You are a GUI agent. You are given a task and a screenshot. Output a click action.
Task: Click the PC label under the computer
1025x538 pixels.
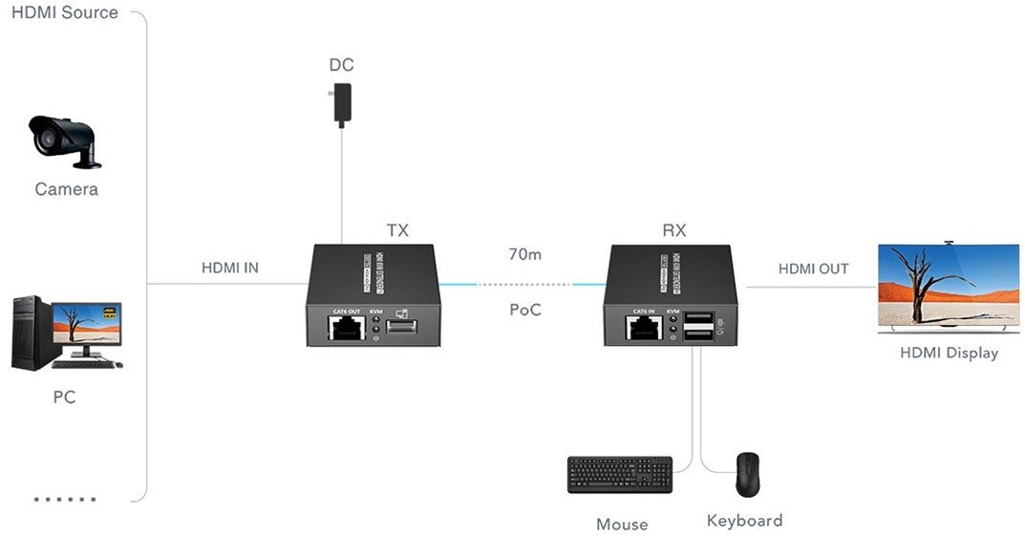click(x=64, y=397)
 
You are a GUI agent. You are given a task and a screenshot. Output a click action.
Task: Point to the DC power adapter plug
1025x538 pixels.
click(x=342, y=103)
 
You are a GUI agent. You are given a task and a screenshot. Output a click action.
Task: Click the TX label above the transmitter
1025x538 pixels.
click(x=397, y=230)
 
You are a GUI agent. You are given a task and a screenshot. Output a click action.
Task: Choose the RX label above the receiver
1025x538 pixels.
click(x=673, y=230)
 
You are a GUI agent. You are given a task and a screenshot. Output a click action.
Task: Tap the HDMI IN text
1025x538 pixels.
click(x=229, y=269)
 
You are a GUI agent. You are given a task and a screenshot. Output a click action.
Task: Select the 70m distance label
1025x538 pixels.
click(x=524, y=255)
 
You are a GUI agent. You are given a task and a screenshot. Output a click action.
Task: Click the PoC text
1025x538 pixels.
click(x=523, y=310)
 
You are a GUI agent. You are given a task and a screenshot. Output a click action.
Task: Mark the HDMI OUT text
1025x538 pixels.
click(x=813, y=269)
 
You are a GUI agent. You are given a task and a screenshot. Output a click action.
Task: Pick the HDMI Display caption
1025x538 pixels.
click(x=949, y=353)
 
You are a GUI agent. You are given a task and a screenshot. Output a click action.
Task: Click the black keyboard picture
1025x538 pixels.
click(x=619, y=475)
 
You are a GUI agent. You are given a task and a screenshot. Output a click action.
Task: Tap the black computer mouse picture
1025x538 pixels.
click(x=747, y=474)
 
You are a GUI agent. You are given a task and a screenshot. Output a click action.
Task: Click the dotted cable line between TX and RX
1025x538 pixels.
click(x=523, y=284)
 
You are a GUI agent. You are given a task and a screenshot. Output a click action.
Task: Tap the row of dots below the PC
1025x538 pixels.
click(x=65, y=499)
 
